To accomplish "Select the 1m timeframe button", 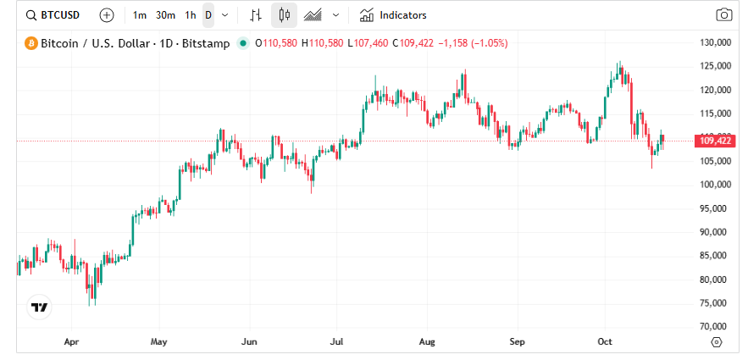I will (140, 15).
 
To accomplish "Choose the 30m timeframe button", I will (166, 15).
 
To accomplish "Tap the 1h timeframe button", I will (191, 15).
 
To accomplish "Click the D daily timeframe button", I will (208, 15).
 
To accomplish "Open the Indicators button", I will (393, 15).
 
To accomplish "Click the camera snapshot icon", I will (723, 15).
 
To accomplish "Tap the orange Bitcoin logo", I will (31, 43).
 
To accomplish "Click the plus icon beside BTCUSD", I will (106, 15).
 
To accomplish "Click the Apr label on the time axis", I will (71, 342).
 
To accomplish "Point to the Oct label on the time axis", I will (605, 342).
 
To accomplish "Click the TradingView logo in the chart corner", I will (39, 307).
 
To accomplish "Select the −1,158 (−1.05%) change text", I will (473, 43).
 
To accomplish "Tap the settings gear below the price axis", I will (716, 342).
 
